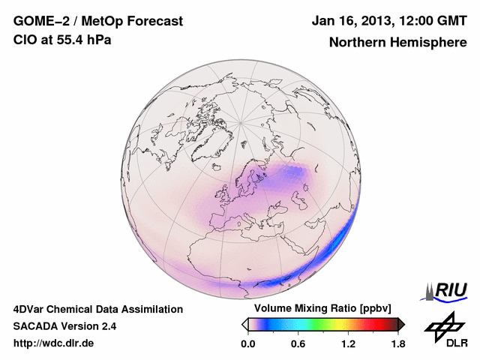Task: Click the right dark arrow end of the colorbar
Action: point(401,324)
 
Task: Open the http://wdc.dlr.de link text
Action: point(55,343)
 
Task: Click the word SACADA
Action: point(36,326)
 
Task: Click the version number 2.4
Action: point(107,326)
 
